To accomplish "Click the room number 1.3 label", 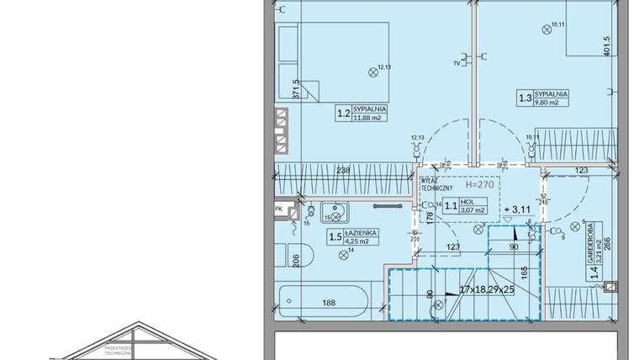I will [525, 98].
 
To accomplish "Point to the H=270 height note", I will [479, 183].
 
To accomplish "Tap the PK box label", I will [279, 209].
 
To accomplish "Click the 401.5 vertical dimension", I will [628, 61].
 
